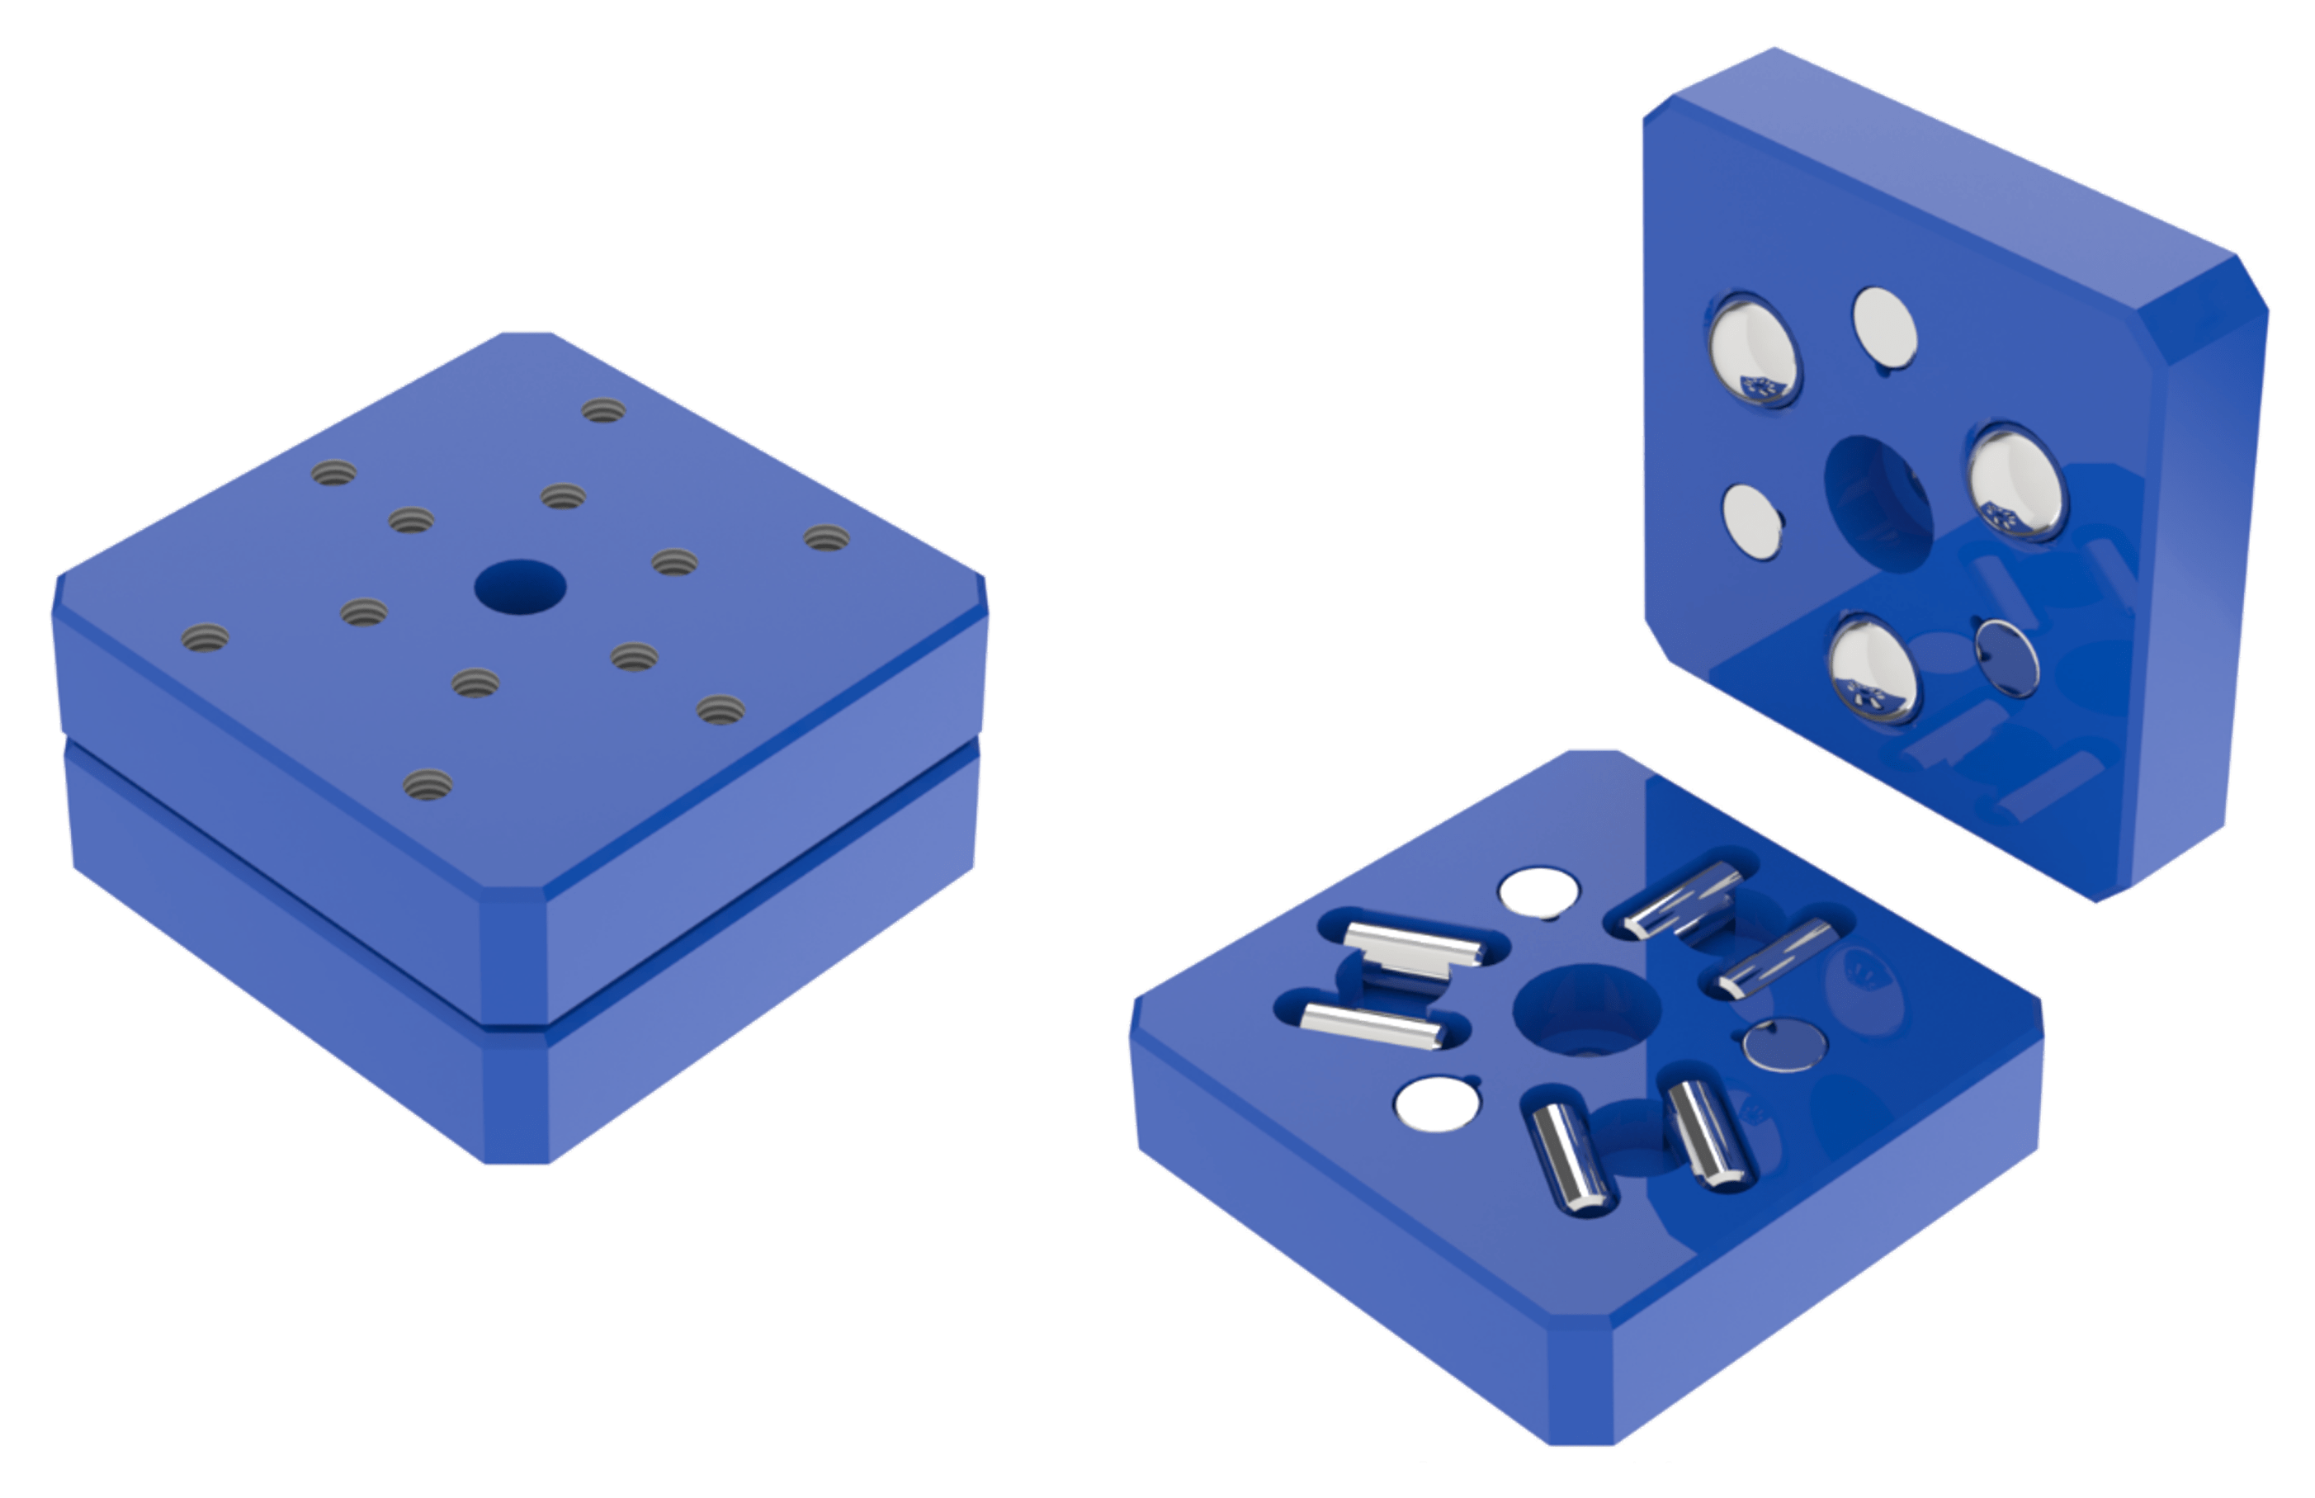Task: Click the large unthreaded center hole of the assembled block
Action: (x=521, y=588)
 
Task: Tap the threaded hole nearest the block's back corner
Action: (x=604, y=410)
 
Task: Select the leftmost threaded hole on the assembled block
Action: (x=206, y=639)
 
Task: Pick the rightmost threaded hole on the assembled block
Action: (x=827, y=538)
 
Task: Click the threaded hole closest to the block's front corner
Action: (x=428, y=784)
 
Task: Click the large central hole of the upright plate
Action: (x=1878, y=503)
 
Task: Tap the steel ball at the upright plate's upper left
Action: (x=1755, y=349)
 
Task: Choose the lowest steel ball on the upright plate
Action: (x=1873, y=671)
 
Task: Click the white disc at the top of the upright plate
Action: (x=1884, y=328)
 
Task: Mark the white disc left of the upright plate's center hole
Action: (x=1752, y=522)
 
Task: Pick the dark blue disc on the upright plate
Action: (x=2006, y=659)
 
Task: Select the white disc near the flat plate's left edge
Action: (x=1437, y=1104)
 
